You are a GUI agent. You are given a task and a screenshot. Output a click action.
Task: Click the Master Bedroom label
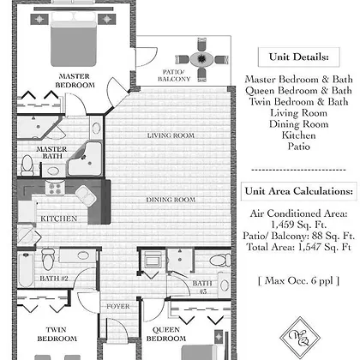click(75, 81)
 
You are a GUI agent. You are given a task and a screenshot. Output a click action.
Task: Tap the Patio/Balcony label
click(174, 75)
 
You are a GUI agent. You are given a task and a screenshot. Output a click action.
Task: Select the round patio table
click(201, 59)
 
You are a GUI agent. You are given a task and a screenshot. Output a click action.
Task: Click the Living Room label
click(171, 135)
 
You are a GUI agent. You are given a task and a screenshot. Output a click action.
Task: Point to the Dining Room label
click(171, 200)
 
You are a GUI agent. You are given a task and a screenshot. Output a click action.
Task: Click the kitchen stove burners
click(55, 189)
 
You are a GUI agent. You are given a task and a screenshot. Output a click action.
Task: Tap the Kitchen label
click(59, 219)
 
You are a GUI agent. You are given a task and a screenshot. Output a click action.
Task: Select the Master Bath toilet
click(27, 165)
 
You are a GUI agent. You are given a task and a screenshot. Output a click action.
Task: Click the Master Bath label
click(52, 153)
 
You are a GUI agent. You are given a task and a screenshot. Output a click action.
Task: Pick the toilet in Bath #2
click(48, 259)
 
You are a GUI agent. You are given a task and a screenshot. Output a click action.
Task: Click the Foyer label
click(118, 306)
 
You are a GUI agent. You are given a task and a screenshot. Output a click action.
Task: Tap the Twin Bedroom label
click(57, 334)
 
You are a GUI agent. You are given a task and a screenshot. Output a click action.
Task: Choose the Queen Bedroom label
click(166, 334)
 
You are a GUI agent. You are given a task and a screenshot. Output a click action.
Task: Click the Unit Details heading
click(299, 57)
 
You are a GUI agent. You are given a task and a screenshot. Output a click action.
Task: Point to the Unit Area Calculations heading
click(299, 191)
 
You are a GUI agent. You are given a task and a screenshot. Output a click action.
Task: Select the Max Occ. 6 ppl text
click(299, 281)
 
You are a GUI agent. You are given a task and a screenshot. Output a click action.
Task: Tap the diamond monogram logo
click(300, 338)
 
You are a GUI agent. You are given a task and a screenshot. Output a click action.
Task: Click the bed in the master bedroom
click(74, 40)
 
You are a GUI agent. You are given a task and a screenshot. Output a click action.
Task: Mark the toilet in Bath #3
click(220, 260)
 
